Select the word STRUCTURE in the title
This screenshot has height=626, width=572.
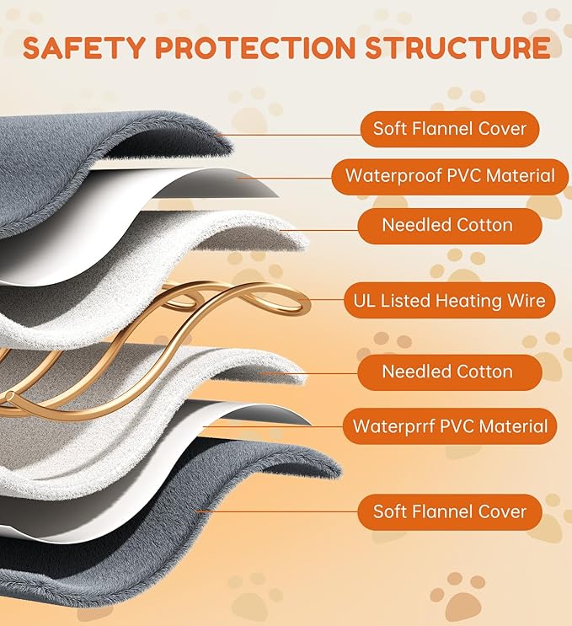point(457,47)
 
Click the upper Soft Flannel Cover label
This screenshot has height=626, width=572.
point(450,129)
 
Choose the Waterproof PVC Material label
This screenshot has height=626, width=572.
point(450,176)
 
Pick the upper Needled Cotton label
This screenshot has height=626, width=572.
point(450,226)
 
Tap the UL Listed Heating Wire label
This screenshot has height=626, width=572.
point(450,301)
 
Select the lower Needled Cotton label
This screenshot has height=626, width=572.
point(450,372)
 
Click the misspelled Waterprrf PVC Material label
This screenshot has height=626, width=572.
point(450,426)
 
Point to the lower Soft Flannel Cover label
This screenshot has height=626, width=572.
point(450,512)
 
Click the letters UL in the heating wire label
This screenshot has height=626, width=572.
point(364,301)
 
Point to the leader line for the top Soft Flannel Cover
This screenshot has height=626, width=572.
point(288,136)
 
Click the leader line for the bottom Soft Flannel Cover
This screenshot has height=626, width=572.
point(277,511)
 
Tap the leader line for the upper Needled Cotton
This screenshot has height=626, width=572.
point(319,230)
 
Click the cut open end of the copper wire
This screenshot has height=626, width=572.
point(11,397)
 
